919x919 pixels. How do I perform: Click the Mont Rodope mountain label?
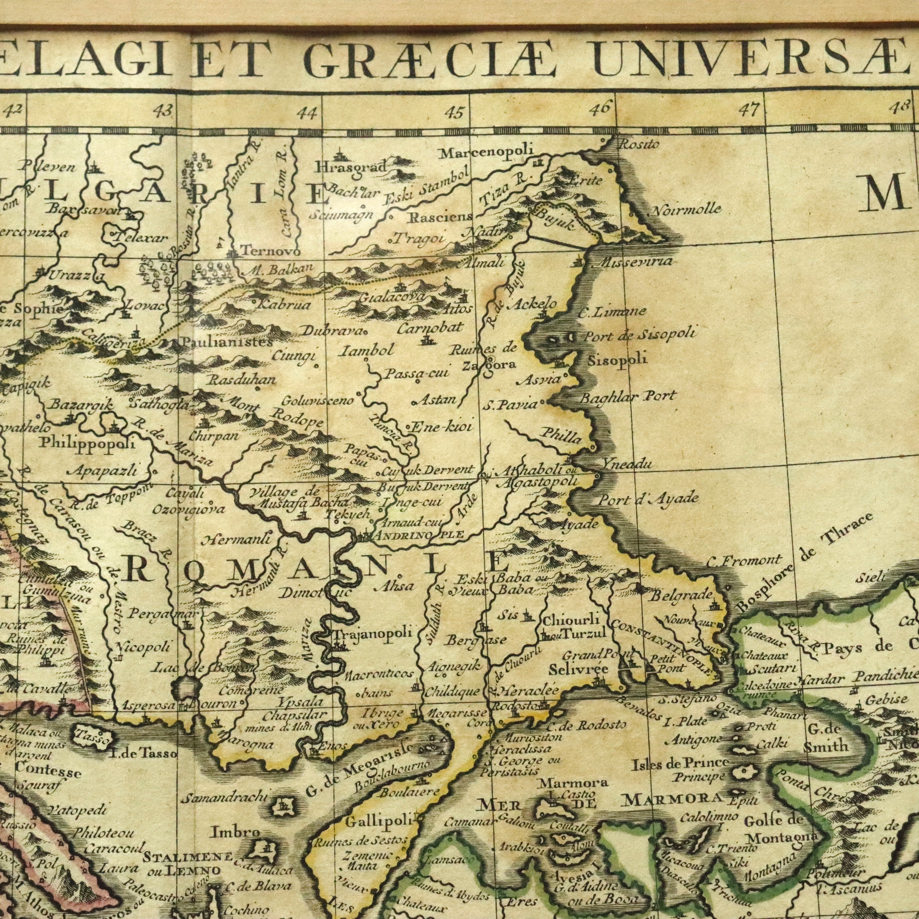[x=276, y=413]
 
